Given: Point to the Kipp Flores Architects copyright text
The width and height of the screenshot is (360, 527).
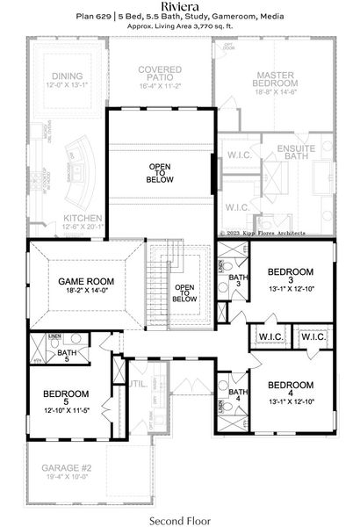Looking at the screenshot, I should (x=275, y=233).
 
